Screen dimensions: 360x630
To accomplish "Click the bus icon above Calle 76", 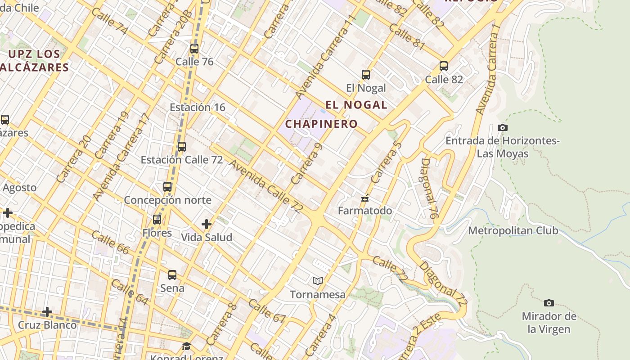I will point(194,49).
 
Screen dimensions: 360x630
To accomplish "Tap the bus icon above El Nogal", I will point(366,75).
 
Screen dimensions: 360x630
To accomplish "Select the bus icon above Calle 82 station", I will point(444,66).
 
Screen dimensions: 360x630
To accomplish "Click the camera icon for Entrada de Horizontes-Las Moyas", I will point(503,128).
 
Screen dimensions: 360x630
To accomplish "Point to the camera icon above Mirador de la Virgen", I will point(549,303).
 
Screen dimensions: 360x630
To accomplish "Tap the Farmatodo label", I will point(365,211).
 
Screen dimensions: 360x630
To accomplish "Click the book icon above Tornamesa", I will point(318,281).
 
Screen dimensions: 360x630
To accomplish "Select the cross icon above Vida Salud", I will point(207,224).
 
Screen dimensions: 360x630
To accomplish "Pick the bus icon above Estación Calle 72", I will point(182,147).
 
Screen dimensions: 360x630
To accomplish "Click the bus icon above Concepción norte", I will point(167,186).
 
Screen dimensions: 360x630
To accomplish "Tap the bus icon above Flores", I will point(157,220).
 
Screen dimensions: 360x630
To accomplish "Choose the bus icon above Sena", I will point(172,275).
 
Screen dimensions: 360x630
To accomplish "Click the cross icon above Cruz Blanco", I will point(47,312).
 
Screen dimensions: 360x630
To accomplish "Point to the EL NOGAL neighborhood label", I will point(356,105).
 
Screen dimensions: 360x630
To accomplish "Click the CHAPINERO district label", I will point(322,124).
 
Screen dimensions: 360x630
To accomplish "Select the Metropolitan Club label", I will point(513,231).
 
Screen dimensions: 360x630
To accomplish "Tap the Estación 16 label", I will point(198,107).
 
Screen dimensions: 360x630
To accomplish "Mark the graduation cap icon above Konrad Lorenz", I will point(186,346).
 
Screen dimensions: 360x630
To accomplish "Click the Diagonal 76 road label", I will point(429,189).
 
